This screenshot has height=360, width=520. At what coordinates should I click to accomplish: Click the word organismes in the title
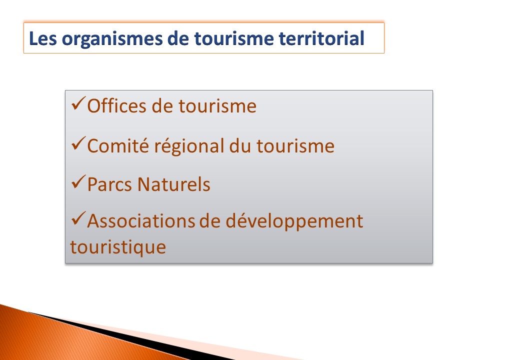pos(112,39)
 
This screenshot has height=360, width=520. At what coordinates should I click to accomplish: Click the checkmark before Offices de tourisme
pos(78,103)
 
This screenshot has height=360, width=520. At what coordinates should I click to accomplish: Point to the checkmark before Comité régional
pos(78,143)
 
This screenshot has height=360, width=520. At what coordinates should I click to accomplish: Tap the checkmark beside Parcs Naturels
pos(78,182)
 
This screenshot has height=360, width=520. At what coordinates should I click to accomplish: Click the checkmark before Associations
pos(78,218)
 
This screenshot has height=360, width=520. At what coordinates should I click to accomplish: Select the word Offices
pos(116,106)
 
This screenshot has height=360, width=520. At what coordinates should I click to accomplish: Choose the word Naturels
pos(174,184)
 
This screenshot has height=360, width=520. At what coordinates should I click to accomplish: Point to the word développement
pos(294,222)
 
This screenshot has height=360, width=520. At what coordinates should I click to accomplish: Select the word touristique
pos(118,247)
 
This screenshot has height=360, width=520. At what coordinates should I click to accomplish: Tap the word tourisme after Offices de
pos(217,106)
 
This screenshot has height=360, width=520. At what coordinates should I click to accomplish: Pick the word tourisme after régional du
pos(295,146)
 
